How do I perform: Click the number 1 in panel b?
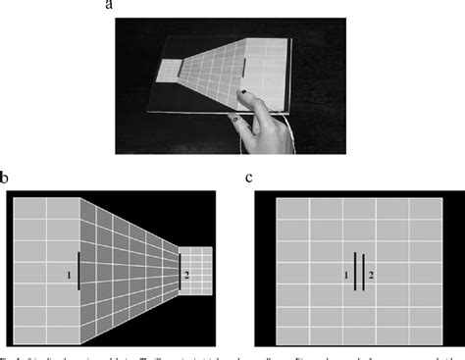(x=69, y=276)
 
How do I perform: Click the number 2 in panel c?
(x=371, y=276)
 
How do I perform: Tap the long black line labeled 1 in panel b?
(x=77, y=270)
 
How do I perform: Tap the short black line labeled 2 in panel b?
(x=180, y=268)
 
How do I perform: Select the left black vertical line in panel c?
(x=355, y=272)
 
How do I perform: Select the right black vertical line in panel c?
(x=363, y=272)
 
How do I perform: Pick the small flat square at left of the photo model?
(x=170, y=70)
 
